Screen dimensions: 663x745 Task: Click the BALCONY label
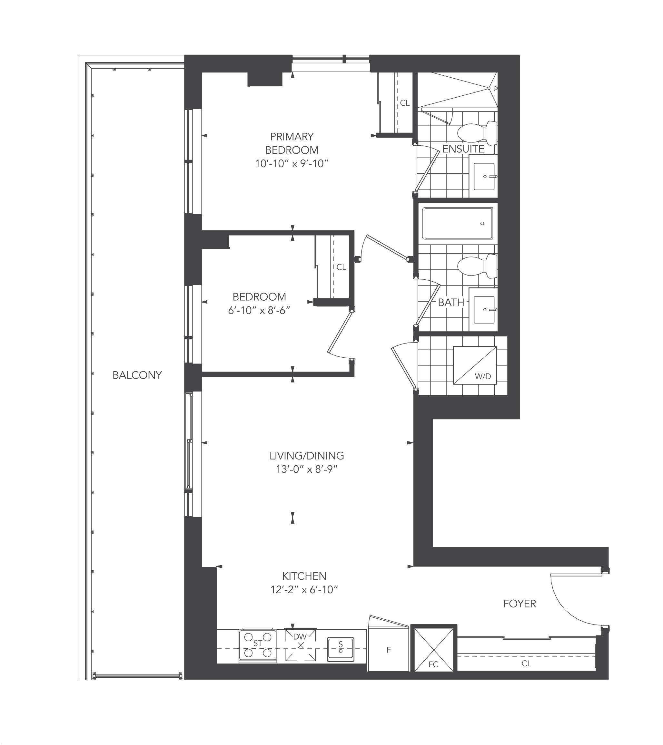pos(137,375)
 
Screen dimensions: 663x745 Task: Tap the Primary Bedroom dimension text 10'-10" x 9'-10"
pos(292,164)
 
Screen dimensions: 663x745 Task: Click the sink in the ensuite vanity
pos(484,176)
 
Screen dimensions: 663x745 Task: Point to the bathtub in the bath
pos(458,223)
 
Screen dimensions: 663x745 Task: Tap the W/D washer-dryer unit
pos(475,365)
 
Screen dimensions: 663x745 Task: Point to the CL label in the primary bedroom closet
pos(405,103)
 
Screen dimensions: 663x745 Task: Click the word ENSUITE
pos(463,149)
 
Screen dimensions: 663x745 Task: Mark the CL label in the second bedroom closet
pos(341,267)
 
